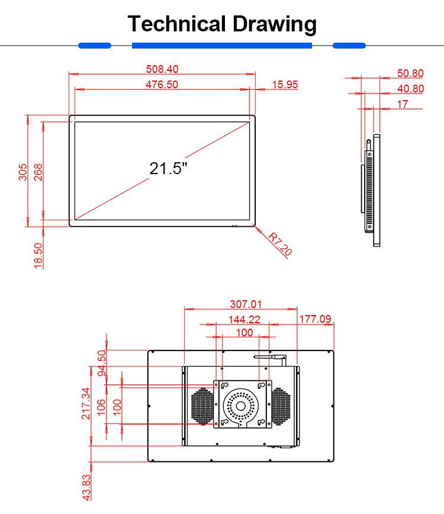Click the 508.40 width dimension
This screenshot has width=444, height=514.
(162, 69)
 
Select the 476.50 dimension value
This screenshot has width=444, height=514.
(162, 85)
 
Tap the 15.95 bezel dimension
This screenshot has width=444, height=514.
(285, 85)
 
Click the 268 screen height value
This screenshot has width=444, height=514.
(38, 171)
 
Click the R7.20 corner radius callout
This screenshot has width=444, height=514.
(280, 244)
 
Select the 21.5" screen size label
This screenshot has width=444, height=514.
(168, 168)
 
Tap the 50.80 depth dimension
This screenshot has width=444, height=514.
(410, 73)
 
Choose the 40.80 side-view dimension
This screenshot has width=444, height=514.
(410, 89)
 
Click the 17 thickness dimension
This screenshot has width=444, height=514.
(403, 104)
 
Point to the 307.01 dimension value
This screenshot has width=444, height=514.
(246, 304)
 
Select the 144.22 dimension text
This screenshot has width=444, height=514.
(244, 319)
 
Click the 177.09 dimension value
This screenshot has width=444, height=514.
(315, 319)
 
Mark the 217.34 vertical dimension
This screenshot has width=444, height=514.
(86, 403)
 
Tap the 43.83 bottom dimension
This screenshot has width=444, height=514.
(86, 487)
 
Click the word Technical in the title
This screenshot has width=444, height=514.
(176, 24)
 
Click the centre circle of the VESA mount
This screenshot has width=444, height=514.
(241, 406)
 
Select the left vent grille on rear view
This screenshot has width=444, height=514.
(202, 406)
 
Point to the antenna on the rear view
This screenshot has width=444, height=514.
(270, 357)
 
